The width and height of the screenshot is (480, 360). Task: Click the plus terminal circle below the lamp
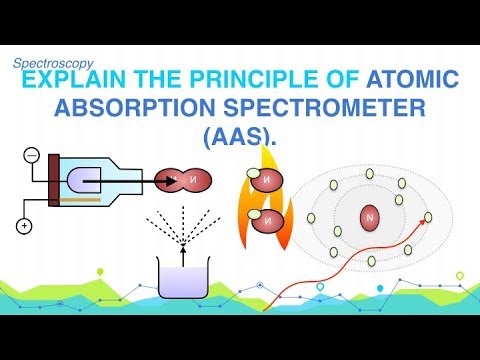tap(23, 227)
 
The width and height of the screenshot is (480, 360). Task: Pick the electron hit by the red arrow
tap(428, 217)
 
